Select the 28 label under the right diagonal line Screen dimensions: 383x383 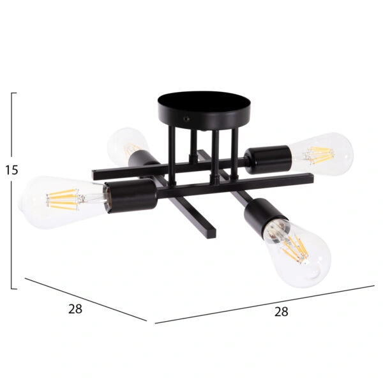pyautogui.click(x=281, y=312)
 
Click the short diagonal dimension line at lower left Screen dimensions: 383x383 pyautogui.click(x=86, y=299)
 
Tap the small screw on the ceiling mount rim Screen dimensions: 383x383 pyautogui.click(x=188, y=119)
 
